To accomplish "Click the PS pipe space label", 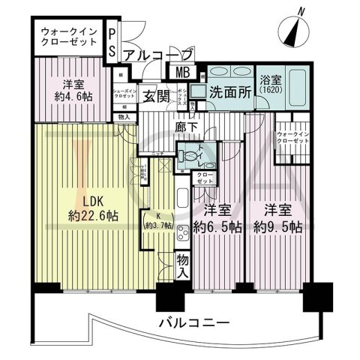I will [112, 42].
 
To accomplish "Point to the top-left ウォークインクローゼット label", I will [68, 37].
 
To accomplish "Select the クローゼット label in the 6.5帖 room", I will [205, 178].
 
